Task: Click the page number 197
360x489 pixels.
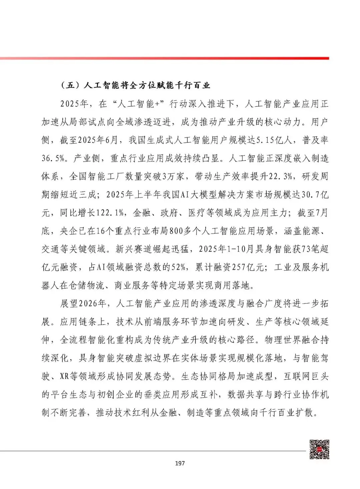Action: click(180, 463)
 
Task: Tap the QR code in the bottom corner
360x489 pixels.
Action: click(319, 449)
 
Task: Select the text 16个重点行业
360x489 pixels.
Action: click(117, 231)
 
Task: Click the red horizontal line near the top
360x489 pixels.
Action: click(180, 58)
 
